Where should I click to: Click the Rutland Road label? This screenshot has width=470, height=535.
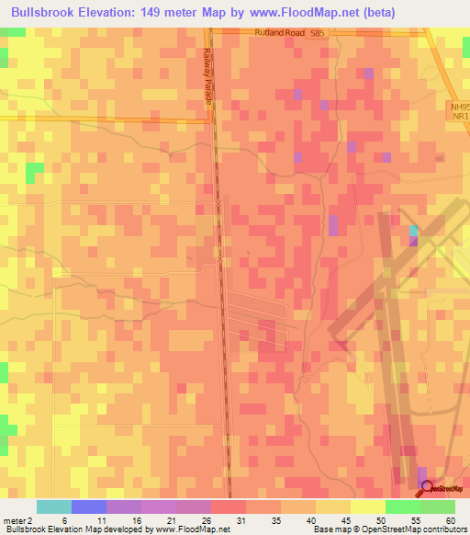276,32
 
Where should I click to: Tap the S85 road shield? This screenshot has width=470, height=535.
317,32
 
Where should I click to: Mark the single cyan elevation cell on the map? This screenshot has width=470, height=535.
413,230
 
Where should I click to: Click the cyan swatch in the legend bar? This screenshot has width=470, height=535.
54,506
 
